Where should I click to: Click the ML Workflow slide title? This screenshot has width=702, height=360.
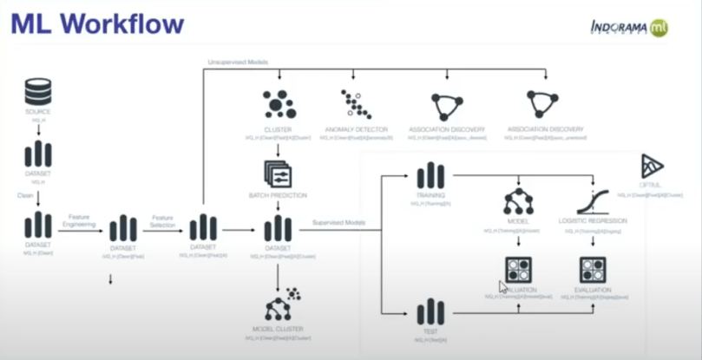(97, 23)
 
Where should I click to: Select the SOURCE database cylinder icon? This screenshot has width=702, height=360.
(37, 91)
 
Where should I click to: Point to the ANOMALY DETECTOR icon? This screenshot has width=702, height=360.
(356, 105)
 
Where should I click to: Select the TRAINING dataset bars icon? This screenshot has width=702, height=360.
(430, 176)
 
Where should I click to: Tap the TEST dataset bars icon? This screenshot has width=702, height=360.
(430, 311)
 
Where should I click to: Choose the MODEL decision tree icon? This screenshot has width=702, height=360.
(518, 201)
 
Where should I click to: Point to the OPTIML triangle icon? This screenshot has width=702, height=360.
(652, 167)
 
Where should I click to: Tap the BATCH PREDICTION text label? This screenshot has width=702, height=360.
(278, 195)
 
